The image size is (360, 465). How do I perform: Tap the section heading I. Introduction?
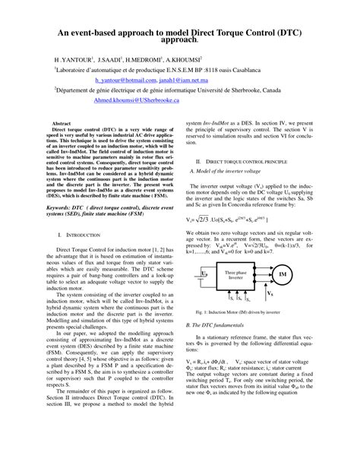click(85, 237)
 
